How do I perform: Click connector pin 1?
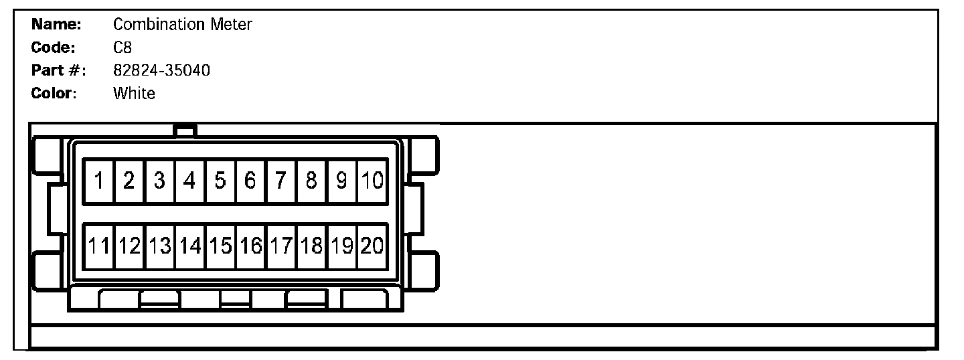98,181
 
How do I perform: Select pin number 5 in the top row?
220,181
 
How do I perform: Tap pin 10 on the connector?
372,181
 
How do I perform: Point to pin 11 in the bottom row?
98,246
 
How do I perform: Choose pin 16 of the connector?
250,246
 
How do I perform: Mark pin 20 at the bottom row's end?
372,246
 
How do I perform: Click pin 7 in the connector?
281,181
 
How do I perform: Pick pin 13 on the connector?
159,246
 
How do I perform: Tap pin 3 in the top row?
159,181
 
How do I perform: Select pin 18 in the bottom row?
311,246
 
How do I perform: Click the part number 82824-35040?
161,70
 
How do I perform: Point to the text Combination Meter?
182,25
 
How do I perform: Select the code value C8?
123,48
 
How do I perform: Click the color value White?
134,93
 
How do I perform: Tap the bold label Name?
57,25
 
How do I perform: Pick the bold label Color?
54,93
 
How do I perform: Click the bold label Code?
54,48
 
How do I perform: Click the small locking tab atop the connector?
184,130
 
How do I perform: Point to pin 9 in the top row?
341,181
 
